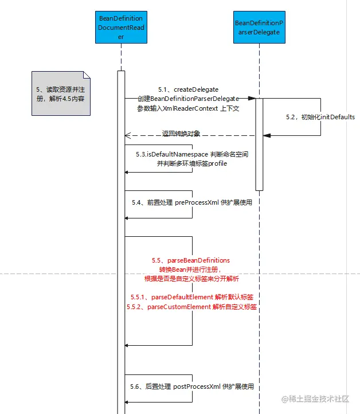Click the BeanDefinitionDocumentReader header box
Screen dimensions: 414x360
tap(121, 28)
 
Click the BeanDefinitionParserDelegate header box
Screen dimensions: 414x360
tap(260, 28)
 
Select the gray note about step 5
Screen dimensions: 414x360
tap(60, 93)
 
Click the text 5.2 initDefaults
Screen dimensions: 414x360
tap(320, 117)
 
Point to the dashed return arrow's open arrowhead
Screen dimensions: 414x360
tap(128, 136)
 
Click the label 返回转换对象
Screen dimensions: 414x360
tap(181, 134)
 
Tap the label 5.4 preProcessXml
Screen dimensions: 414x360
tap(191, 202)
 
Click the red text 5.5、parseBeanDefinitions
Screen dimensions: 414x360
tap(191, 260)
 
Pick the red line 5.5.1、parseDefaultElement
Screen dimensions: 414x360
tap(192, 297)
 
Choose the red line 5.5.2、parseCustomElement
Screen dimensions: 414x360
tap(192, 307)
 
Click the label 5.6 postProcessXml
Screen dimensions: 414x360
tap(191, 387)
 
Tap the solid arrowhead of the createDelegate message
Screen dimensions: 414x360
tap(252, 99)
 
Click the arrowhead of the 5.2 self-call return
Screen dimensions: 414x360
tap(267, 135)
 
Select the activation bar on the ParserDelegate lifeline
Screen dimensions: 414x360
tap(259, 143)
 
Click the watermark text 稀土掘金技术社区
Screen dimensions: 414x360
tap(321, 399)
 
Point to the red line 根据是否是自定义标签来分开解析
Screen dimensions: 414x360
tap(191, 279)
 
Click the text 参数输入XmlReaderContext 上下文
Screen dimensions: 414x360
tap(188, 108)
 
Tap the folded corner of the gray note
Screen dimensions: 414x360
tap(87, 75)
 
